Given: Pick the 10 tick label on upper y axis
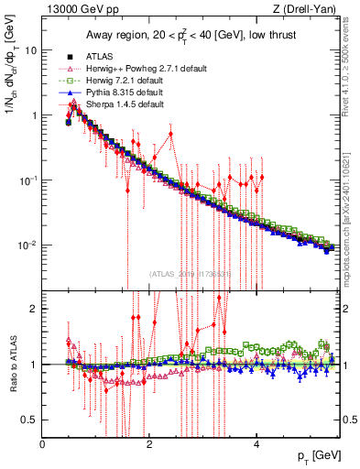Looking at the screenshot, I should (30, 50).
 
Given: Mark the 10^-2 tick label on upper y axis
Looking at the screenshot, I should (27, 245).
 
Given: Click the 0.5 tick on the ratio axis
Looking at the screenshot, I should (29, 420).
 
